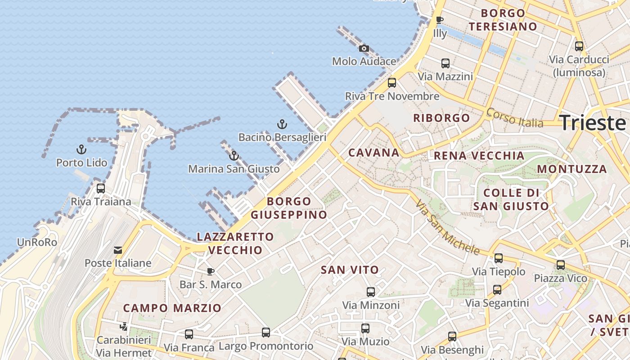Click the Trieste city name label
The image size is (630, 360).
(x=593, y=123)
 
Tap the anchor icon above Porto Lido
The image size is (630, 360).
(x=81, y=149)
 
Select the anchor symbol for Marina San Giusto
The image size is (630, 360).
(x=234, y=156)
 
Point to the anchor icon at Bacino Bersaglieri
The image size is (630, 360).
(x=282, y=124)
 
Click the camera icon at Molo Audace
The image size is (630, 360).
(x=364, y=48)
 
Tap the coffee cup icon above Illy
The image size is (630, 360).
(x=440, y=20)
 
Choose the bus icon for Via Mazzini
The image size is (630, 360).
(x=445, y=63)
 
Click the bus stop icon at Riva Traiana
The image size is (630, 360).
(x=101, y=188)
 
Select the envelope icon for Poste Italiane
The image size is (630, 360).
(x=118, y=250)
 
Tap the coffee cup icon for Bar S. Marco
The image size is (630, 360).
(x=210, y=271)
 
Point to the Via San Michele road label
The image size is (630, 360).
(x=447, y=227)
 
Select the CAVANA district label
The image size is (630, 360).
(x=374, y=153)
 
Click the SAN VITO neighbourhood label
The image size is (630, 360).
(x=350, y=270)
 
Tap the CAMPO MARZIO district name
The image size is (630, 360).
(x=172, y=308)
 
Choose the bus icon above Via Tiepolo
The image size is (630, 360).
(x=499, y=258)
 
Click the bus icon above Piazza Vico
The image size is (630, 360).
(x=561, y=265)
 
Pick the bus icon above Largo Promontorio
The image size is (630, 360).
(x=266, y=333)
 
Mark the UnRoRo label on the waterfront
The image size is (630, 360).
(x=37, y=243)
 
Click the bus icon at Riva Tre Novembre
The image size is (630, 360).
(x=392, y=82)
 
